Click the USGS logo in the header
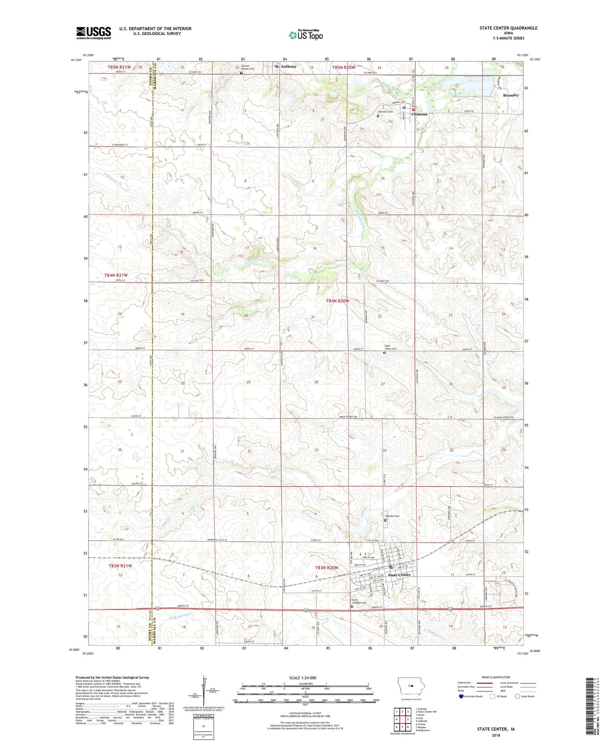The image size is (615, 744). (x=94, y=33)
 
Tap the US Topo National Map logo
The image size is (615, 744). (x=306, y=35)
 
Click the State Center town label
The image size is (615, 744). (x=399, y=575)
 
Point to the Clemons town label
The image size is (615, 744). (x=419, y=114)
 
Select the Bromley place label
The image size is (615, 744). (x=511, y=95)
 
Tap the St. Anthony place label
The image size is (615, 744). (x=286, y=66)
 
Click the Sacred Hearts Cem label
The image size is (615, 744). (x=248, y=67)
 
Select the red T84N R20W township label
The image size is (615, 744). (x=338, y=301)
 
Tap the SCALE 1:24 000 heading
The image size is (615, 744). (x=303, y=678)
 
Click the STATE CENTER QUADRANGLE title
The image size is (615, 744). (x=508, y=28)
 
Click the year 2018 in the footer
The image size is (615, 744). (x=496, y=735)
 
